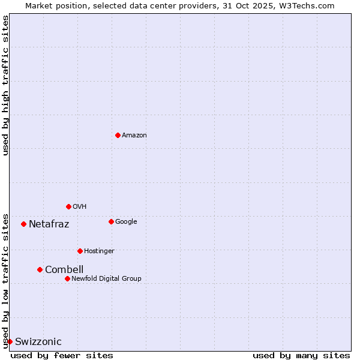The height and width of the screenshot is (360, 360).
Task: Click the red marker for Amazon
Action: (x=118, y=135)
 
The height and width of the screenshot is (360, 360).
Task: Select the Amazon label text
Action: (x=134, y=136)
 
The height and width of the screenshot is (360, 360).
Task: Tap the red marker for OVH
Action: (x=68, y=206)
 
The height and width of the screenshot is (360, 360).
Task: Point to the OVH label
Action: (x=80, y=207)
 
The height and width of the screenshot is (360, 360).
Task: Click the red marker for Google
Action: (x=111, y=221)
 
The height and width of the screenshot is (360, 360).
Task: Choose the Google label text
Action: (x=126, y=222)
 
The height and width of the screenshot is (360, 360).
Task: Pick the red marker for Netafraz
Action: (x=23, y=224)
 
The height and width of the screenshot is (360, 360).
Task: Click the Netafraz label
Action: (x=49, y=224)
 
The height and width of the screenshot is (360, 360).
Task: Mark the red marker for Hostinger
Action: (x=80, y=251)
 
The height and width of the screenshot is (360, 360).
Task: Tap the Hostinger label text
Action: (x=99, y=251)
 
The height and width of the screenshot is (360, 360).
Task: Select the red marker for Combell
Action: (x=40, y=269)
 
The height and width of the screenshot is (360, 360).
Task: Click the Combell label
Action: (x=64, y=270)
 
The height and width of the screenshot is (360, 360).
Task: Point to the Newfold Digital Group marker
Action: (x=67, y=278)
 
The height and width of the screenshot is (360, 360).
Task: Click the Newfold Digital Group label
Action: (x=106, y=279)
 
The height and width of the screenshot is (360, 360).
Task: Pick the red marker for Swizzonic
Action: (x=10, y=341)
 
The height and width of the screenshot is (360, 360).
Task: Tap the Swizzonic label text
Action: (x=38, y=342)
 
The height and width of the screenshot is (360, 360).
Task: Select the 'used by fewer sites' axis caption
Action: (x=62, y=355)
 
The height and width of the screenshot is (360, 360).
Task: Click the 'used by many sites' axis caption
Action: (x=301, y=355)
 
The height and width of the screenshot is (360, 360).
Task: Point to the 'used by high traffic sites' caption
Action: (x=5, y=85)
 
